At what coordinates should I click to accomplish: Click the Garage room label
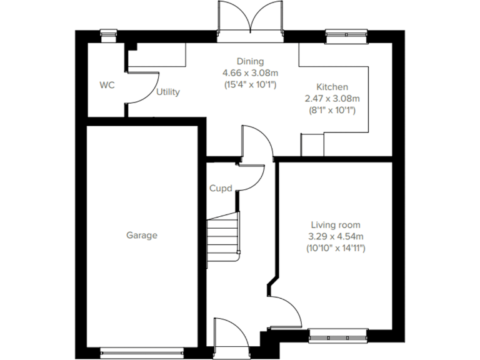click(x=142, y=236)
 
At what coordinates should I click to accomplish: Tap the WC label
click(x=107, y=86)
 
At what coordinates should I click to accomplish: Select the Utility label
click(x=168, y=92)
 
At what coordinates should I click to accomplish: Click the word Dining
click(x=249, y=61)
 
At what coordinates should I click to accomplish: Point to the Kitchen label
click(x=332, y=87)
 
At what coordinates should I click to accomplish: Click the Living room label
click(x=336, y=224)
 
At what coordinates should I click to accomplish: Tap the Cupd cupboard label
click(x=221, y=187)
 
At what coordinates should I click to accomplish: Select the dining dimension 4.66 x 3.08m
click(x=250, y=72)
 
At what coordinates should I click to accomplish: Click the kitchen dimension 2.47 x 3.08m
click(x=332, y=99)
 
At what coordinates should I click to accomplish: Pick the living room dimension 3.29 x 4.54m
click(x=336, y=236)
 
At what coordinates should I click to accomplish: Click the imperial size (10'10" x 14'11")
click(x=336, y=248)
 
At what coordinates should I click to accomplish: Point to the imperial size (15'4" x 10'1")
click(x=250, y=84)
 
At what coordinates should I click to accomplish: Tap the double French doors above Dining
click(x=250, y=17)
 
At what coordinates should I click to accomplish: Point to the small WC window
click(x=109, y=35)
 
